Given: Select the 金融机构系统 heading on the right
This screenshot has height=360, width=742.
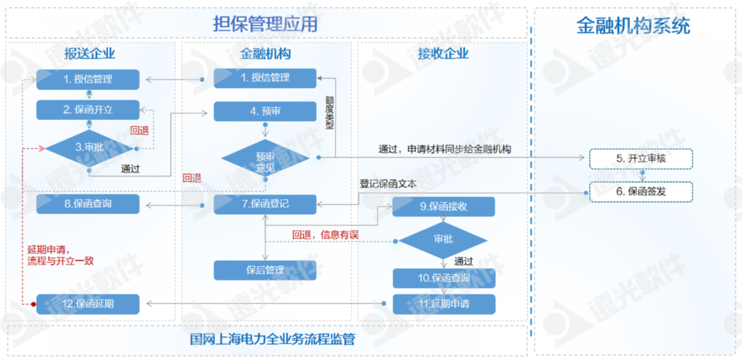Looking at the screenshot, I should (632, 26).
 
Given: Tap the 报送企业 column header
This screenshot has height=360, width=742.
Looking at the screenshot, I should (89, 54).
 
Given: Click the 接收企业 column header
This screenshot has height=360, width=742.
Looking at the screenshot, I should (443, 54).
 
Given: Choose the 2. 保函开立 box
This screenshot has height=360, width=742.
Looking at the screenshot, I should (88, 110).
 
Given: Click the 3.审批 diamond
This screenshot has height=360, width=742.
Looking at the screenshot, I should (89, 148).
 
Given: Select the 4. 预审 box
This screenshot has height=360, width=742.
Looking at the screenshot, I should (265, 111).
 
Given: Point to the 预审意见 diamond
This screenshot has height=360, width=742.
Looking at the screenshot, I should (265, 159).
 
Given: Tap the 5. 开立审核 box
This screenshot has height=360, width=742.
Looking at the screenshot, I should (641, 159).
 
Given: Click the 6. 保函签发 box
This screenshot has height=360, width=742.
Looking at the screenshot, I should (641, 192).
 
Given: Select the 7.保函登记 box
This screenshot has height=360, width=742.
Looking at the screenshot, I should (265, 204).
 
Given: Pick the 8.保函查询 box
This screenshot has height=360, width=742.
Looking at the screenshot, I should (88, 204).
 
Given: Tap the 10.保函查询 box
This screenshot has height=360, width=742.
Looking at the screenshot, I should (443, 278).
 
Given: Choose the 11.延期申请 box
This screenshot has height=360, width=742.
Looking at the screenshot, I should (443, 303).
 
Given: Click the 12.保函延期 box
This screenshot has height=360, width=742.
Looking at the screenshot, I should (88, 303).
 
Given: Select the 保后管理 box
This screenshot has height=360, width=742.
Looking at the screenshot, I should (265, 270).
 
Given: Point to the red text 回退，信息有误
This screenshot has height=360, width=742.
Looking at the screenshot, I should (325, 235).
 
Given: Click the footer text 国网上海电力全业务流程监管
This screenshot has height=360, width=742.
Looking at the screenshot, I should (273, 339).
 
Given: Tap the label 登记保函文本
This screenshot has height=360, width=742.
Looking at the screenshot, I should (387, 184).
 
